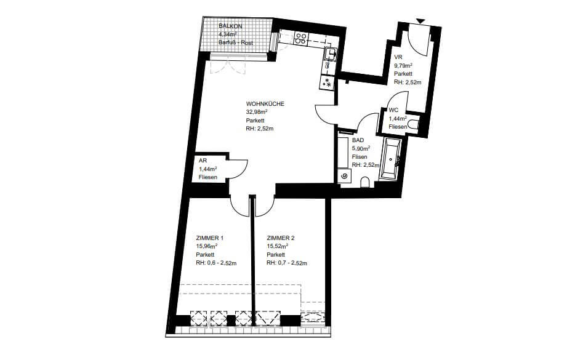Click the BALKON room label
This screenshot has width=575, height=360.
(230, 26)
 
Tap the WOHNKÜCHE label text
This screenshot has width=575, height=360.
(265, 104)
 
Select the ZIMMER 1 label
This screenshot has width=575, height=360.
(209, 238)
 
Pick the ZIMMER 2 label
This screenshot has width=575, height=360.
(281, 238)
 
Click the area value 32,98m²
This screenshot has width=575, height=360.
(257, 112)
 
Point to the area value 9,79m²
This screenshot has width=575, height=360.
(403, 66)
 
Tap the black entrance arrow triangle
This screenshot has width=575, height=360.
(420, 22)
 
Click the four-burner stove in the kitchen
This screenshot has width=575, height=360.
(301, 39)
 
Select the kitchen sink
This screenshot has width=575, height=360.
(331, 54)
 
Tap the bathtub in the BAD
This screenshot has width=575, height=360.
(390, 159)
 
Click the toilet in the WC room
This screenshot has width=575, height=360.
(414, 124)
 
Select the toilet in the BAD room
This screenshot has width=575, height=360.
(365, 182)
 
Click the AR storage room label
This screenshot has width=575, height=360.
(203, 161)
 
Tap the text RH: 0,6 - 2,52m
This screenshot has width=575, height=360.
(216, 263)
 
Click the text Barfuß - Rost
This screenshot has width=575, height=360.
(236, 43)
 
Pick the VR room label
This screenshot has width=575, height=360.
(398, 57)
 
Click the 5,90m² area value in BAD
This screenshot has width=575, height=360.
(361, 148)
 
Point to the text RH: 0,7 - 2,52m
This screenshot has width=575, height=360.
(287, 263)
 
